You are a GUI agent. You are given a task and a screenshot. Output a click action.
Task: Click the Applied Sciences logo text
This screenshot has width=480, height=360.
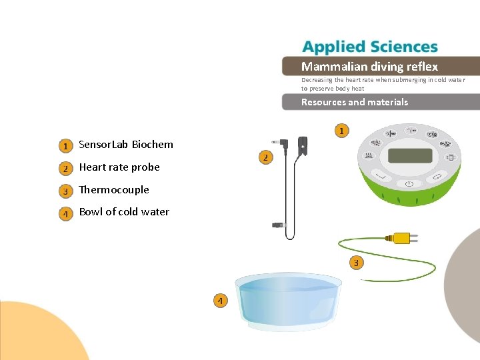pyautogui.click(x=370, y=47)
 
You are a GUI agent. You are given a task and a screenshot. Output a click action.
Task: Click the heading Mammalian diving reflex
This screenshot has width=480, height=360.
pyautogui.click(x=369, y=67)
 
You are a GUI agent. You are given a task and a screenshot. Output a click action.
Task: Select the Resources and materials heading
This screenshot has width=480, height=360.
pyautogui.click(x=354, y=102)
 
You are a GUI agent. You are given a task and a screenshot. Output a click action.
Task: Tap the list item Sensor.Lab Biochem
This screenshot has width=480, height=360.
pyautogui.click(x=126, y=145)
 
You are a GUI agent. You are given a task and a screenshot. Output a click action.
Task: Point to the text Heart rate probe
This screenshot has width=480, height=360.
pyautogui.click(x=119, y=167)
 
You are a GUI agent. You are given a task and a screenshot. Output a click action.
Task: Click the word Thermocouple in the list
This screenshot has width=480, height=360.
pyautogui.click(x=114, y=190)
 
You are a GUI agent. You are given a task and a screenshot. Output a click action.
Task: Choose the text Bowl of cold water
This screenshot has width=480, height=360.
pyautogui.click(x=124, y=212)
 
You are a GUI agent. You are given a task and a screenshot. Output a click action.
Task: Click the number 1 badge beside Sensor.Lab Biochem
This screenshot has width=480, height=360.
pyautogui.click(x=65, y=145)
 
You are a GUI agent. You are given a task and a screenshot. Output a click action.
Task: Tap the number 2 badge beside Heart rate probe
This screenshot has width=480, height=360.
pyautogui.click(x=65, y=168)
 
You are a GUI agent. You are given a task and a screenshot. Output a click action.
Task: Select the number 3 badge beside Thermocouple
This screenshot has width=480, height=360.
pyautogui.click(x=65, y=191)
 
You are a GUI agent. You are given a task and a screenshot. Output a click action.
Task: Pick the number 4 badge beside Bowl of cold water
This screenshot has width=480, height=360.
pyautogui.click(x=65, y=213)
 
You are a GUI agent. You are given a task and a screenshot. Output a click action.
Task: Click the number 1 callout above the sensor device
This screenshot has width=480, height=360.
pyautogui.click(x=341, y=131)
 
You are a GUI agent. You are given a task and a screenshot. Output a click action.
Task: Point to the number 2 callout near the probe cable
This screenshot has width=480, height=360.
pyautogui.click(x=265, y=157)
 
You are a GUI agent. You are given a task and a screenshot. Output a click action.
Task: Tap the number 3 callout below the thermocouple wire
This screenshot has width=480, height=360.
pyautogui.click(x=356, y=263)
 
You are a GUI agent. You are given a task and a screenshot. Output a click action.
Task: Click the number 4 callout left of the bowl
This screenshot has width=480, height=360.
pyautogui.click(x=220, y=301)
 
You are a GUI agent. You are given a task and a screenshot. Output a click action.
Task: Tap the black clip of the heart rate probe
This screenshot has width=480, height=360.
pyautogui.click(x=303, y=143)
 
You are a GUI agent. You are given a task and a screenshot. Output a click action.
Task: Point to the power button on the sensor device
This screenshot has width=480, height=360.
pyautogui.click(x=409, y=184)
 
